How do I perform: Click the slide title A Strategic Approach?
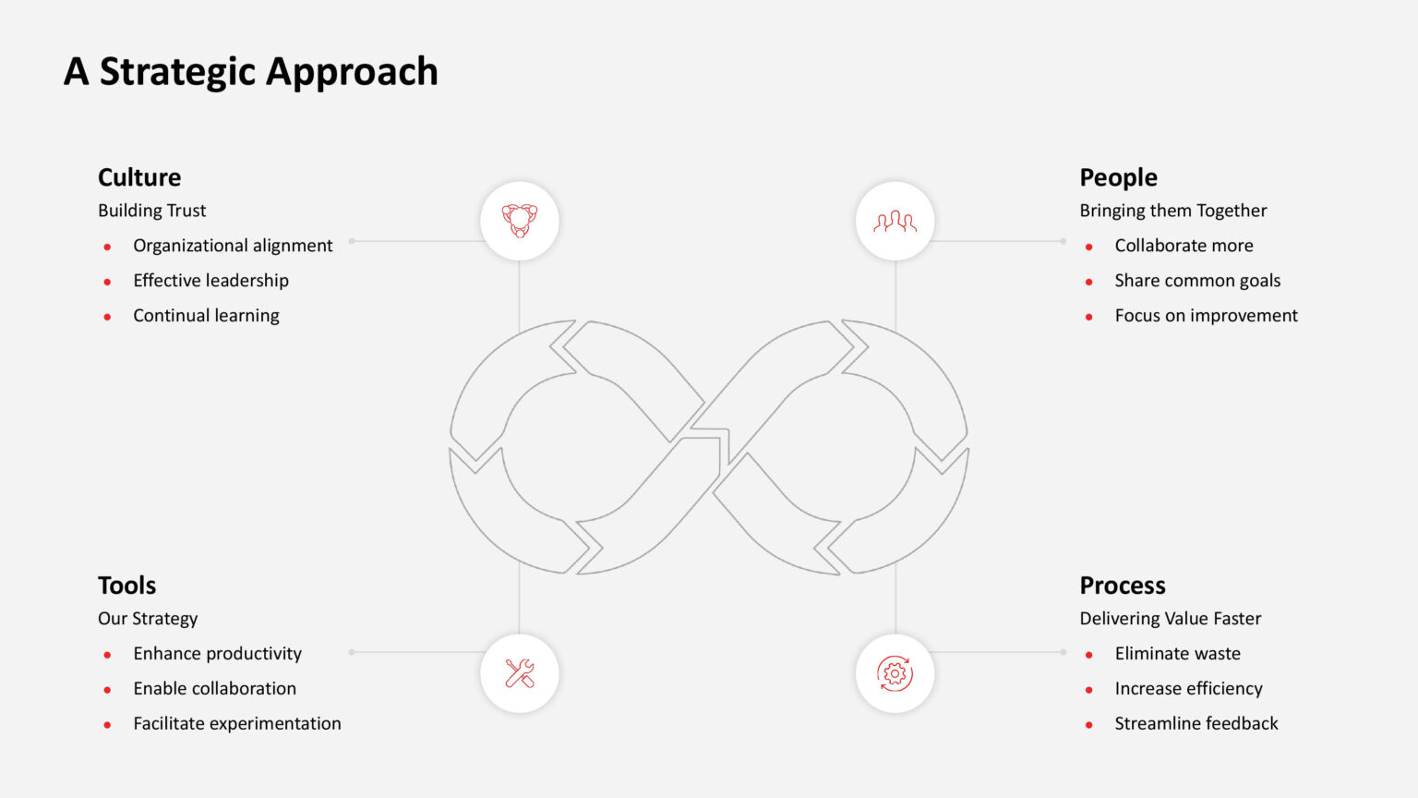[x=251, y=71]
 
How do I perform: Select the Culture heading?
[x=139, y=177]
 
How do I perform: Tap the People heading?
[x=1119, y=178]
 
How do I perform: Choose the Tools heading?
[x=126, y=586]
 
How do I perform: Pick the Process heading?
[x=1123, y=586]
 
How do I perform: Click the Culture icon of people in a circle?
[x=520, y=221]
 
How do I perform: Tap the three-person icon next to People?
[x=895, y=222]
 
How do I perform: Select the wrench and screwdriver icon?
[x=520, y=673]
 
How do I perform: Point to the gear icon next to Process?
[x=895, y=673]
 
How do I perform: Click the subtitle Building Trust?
[x=152, y=211]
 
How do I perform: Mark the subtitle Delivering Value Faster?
[x=1171, y=618]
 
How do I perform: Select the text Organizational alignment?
[x=233, y=246]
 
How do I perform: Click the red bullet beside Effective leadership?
[x=108, y=282]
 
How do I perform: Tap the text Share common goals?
[x=1197, y=281]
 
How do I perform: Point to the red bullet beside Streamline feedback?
[x=1088, y=724]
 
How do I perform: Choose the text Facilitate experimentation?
[x=236, y=723]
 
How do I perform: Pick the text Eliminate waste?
[x=1177, y=654]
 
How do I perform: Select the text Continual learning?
[x=206, y=315]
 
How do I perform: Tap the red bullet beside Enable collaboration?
[x=108, y=690]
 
